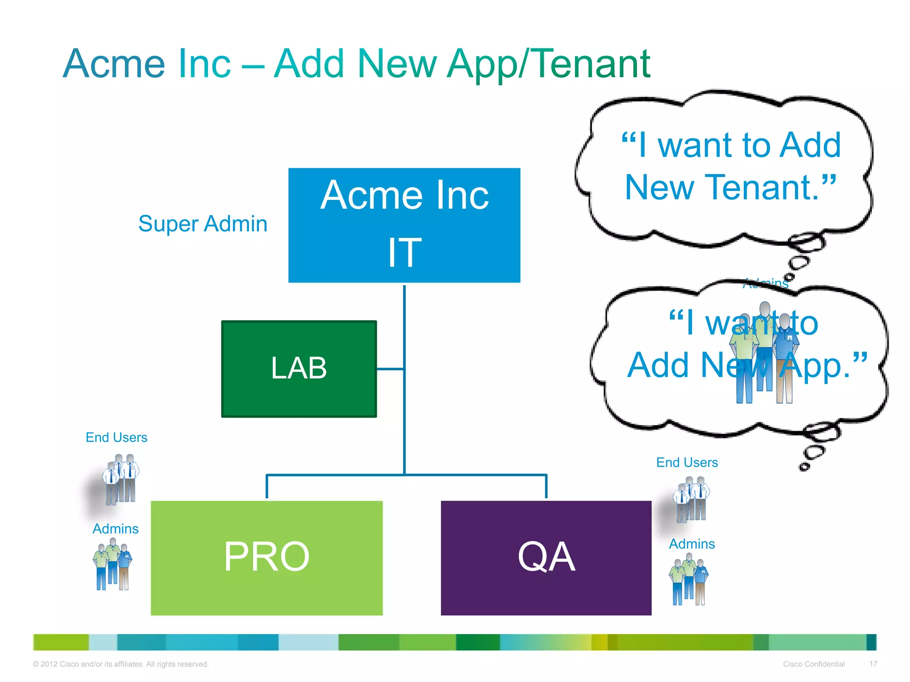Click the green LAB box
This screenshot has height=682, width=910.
point(299,369)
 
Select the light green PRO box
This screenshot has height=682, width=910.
point(267,558)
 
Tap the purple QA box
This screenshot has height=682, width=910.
point(546,558)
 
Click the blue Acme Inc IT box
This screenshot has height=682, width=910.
point(404,225)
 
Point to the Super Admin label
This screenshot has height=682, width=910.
point(203,224)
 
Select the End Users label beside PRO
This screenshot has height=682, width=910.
point(116,437)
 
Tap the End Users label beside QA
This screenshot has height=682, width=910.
point(687,463)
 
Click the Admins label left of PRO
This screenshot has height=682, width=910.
point(116,529)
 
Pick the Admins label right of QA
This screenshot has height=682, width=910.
point(692,544)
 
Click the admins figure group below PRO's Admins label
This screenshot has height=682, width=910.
point(113,564)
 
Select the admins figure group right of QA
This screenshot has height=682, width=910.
point(689,582)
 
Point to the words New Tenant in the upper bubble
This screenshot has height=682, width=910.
point(730,187)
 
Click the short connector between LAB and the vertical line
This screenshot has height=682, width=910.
point(390,369)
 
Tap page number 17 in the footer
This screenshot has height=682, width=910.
point(873,664)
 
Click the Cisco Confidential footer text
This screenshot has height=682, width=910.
point(814,664)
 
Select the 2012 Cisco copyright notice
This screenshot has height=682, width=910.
point(121,664)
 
